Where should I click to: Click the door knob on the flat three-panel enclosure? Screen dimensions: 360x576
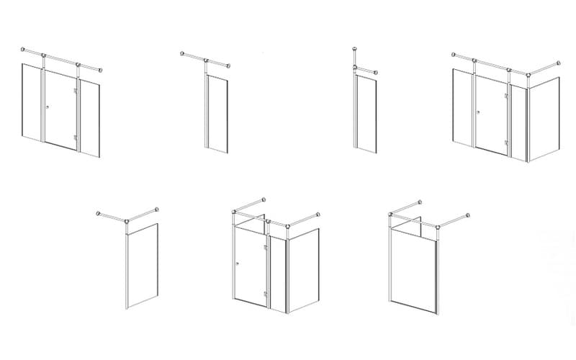[x=47, y=107]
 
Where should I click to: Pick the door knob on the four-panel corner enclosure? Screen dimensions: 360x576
[x=479, y=112]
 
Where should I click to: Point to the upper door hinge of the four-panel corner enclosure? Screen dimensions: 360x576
[x=507, y=94]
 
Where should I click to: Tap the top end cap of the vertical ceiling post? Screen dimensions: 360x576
[x=355, y=49]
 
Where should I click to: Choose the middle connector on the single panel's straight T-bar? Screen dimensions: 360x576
[x=207, y=60]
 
